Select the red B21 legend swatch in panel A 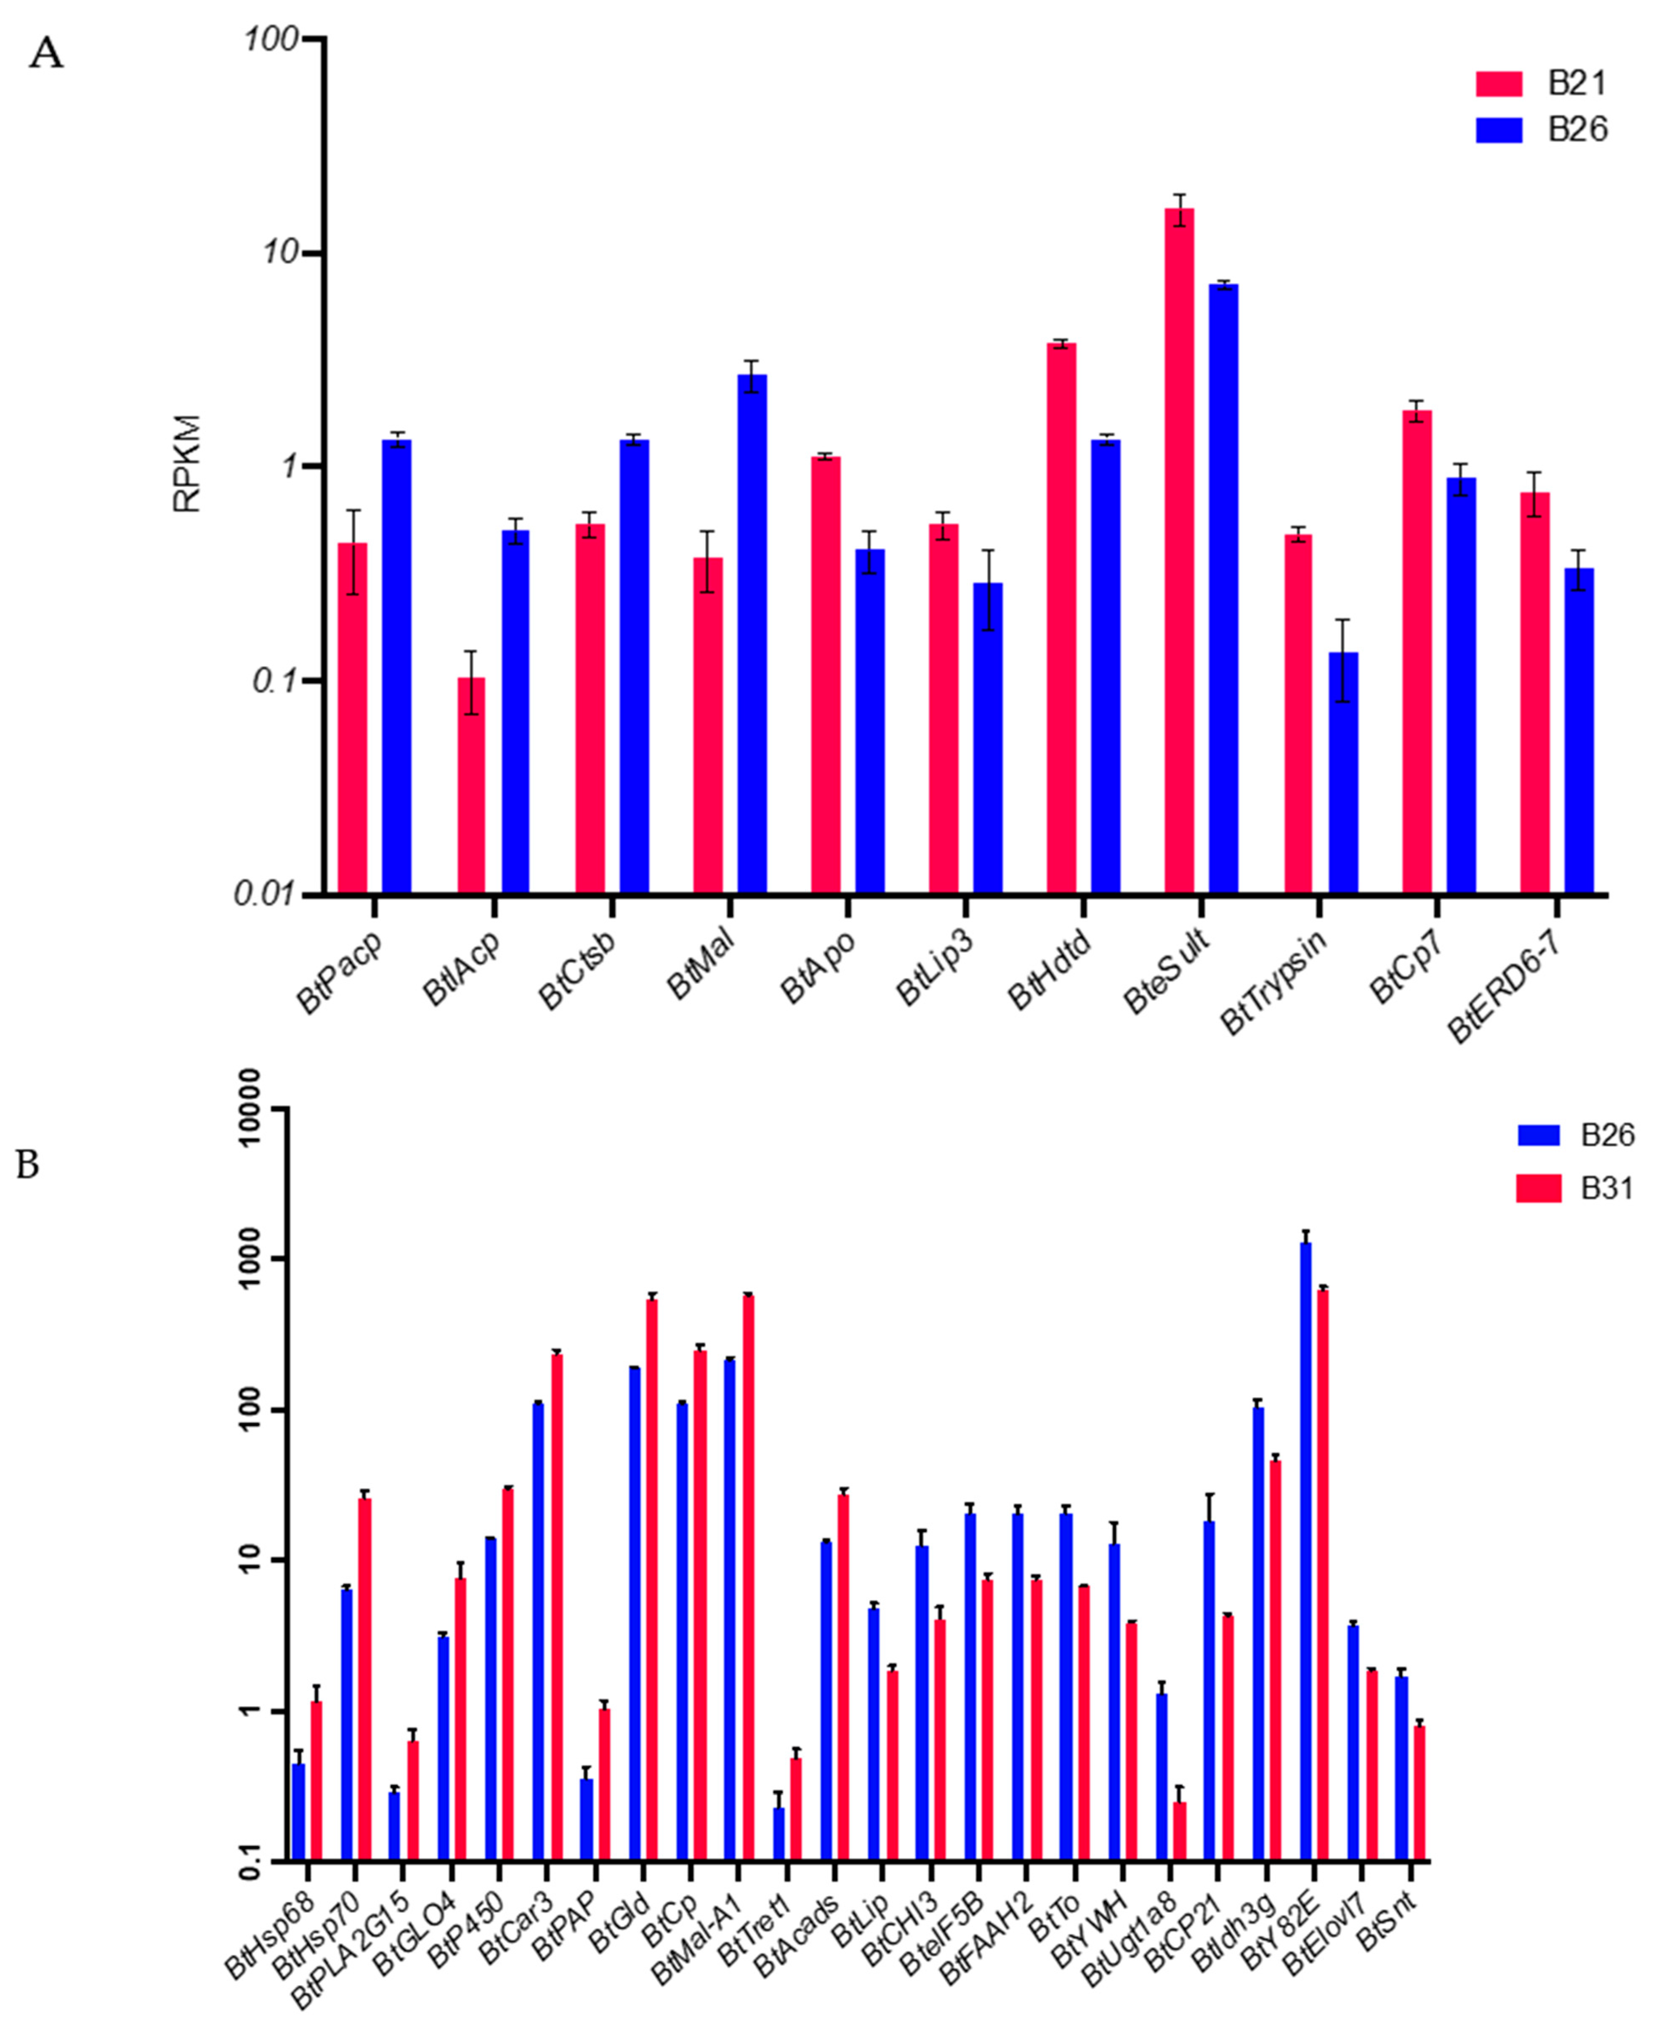point(1499,84)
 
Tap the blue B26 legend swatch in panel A point(1499,130)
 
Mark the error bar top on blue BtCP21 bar point(1209,1494)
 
